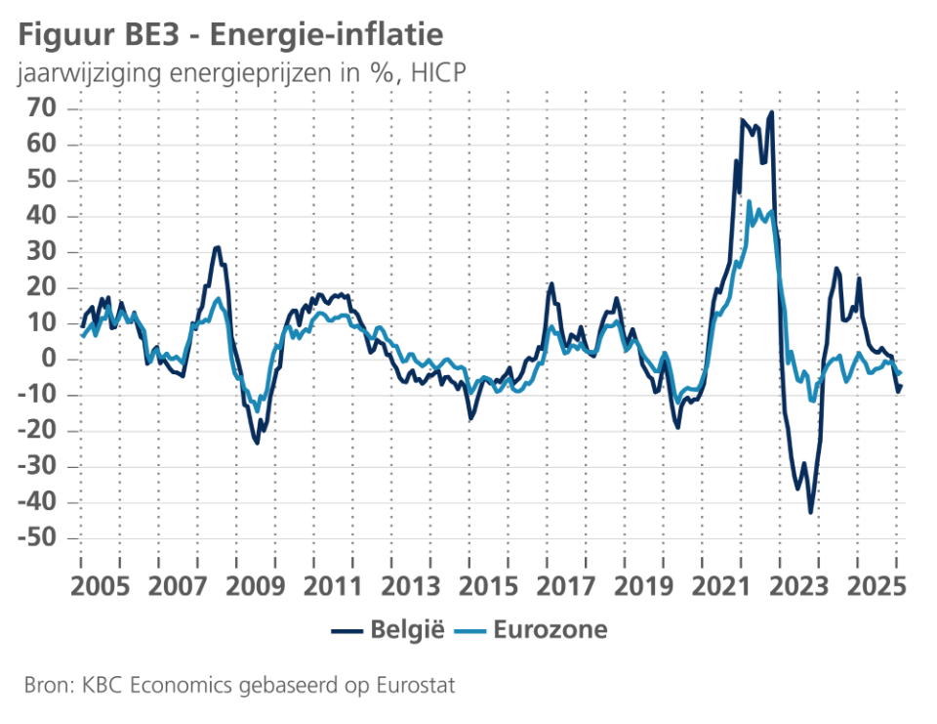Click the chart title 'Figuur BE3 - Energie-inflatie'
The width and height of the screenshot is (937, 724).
(230, 35)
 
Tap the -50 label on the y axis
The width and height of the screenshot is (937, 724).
(38, 538)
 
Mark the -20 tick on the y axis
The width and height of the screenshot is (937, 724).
(38, 431)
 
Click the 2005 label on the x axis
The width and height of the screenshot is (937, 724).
(102, 588)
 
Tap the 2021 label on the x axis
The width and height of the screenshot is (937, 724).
(722, 588)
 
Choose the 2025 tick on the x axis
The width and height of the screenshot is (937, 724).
(876, 588)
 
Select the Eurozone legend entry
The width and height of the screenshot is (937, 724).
(534, 630)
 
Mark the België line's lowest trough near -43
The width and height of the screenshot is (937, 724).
(810, 512)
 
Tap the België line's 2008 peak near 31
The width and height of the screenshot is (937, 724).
(218, 247)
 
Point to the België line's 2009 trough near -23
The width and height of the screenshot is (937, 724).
(257, 443)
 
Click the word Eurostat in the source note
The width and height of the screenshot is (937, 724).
(419, 686)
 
